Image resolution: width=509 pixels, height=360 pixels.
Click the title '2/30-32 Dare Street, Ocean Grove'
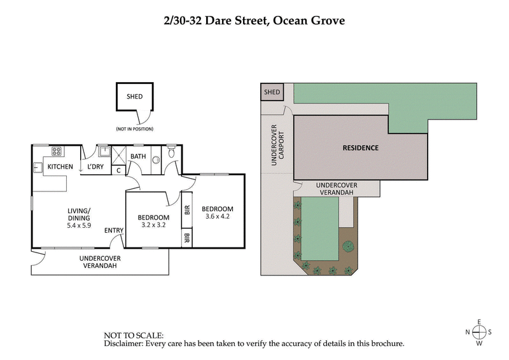click(254, 20)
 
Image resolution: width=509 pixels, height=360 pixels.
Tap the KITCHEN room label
click(60, 167)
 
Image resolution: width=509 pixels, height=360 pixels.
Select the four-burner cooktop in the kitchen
click(57, 151)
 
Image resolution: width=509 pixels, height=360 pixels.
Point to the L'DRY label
click(95, 167)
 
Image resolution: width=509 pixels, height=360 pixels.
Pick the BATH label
click(138, 156)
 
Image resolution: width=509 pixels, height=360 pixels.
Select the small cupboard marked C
click(118, 170)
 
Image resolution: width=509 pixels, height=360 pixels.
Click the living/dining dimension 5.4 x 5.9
click(80, 225)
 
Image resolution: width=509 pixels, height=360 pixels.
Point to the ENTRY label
click(114, 230)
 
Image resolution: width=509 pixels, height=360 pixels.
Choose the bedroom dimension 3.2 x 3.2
click(153, 225)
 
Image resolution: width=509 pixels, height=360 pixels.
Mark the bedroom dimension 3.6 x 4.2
click(217, 217)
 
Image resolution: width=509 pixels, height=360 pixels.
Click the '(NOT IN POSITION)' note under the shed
click(134, 129)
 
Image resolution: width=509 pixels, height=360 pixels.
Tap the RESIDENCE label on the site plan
click(360, 148)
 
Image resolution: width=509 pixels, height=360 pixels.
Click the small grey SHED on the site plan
click(272, 92)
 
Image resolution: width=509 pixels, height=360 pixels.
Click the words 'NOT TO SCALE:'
click(134, 335)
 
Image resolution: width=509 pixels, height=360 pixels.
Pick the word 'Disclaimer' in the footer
click(123, 343)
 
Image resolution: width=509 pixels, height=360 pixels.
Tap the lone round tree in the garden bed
click(347, 246)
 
